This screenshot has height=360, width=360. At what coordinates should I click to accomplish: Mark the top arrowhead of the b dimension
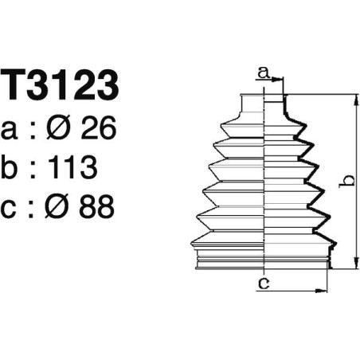[x=354, y=98]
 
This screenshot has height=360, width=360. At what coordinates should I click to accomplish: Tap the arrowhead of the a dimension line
[x=281, y=80]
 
